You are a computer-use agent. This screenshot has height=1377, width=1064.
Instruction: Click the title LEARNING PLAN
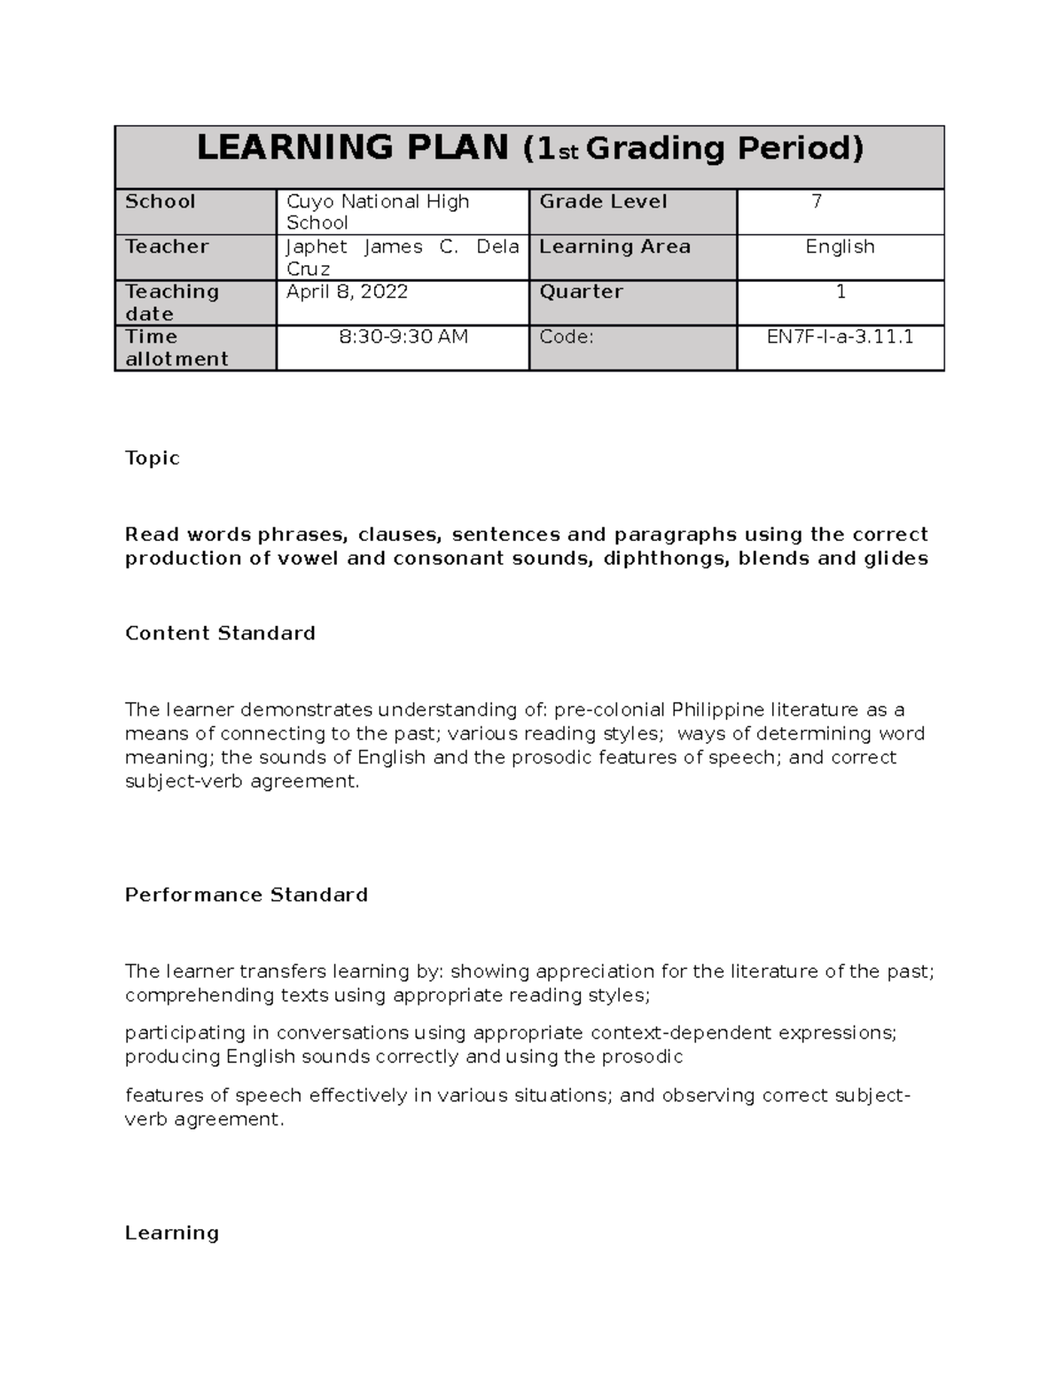[x=352, y=148]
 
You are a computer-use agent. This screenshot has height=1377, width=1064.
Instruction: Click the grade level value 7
[x=817, y=201]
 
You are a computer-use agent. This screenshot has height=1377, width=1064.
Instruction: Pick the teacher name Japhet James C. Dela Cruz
[x=402, y=257]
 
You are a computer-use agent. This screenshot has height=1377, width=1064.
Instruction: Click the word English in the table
[x=840, y=246]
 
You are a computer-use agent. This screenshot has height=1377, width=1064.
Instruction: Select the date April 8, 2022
[x=347, y=292]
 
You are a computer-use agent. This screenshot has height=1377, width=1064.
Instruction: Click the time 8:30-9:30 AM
[x=403, y=337]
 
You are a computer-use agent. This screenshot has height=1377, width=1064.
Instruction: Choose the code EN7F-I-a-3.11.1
[x=840, y=337]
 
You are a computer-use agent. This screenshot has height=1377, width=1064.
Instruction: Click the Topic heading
[x=153, y=458]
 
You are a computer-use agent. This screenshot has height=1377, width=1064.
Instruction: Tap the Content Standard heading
[x=220, y=633]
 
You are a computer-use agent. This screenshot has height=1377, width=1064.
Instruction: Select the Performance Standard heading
[x=246, y=895]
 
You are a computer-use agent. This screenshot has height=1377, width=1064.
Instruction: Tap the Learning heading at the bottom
[x=172, y=1232]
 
